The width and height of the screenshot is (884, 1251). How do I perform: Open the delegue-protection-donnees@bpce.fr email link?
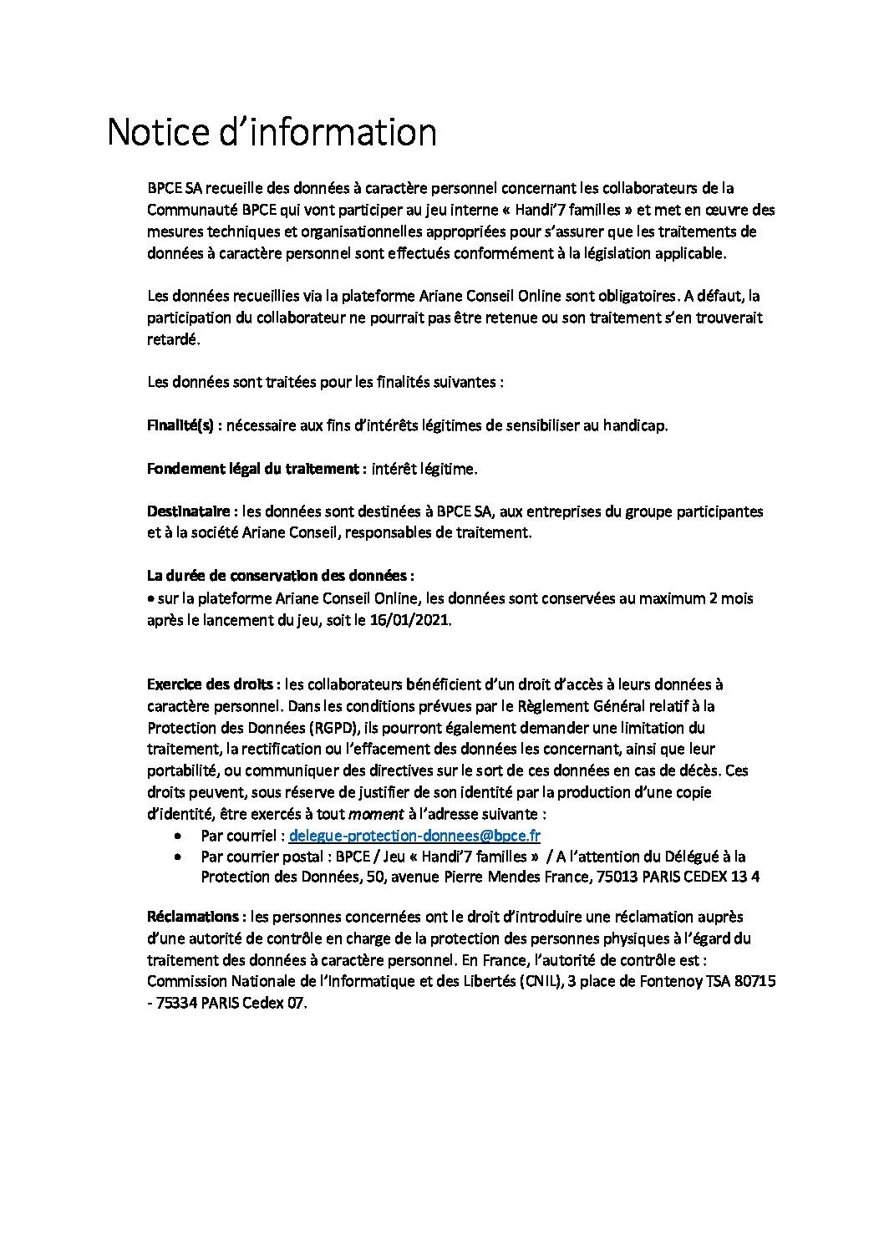coord(414,835)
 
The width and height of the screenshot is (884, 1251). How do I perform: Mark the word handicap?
coord(636,425)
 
